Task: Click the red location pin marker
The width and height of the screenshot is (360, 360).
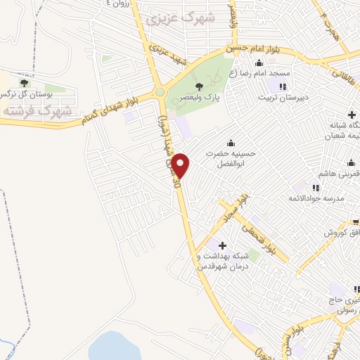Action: (x=181, y=165)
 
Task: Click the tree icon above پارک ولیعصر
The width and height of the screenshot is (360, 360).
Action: (x=200, y=86)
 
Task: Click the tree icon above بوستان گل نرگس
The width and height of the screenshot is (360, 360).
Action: (x=24, y=83)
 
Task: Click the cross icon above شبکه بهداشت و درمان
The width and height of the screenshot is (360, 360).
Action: (x=223, y=245)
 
